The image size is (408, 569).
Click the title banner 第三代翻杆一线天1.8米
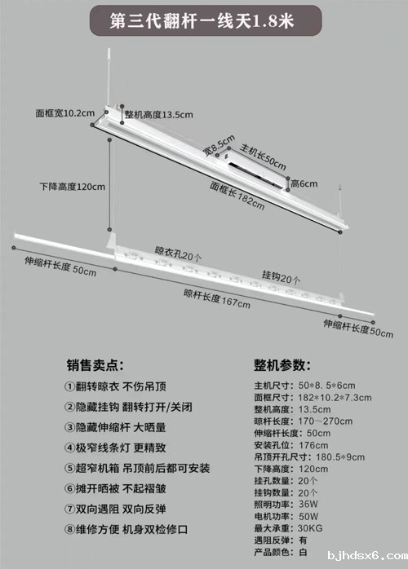206,20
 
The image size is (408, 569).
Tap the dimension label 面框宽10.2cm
65,113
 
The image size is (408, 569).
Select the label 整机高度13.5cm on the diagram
159,115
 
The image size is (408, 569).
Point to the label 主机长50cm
263,157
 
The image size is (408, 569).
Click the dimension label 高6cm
304,184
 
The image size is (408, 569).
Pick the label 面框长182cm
237,196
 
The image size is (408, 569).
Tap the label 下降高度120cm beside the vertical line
73,187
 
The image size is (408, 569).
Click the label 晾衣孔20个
178,254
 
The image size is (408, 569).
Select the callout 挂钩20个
282,277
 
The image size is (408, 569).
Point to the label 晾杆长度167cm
217,299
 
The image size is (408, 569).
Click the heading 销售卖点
95,365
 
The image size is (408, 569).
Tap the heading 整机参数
282,365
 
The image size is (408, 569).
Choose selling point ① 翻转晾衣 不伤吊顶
115,386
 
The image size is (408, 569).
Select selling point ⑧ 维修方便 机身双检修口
126,529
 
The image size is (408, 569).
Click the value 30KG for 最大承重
310,528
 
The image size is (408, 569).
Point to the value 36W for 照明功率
308,505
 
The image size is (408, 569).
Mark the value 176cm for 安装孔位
313,445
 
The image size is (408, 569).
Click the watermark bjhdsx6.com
367,556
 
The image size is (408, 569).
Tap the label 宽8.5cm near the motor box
219,146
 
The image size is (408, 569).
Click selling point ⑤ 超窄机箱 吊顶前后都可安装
137,468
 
